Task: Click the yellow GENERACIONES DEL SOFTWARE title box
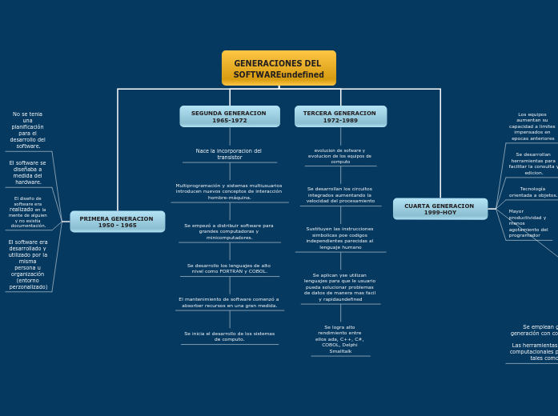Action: point(279,69)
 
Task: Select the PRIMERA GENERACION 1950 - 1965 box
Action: point(117,222)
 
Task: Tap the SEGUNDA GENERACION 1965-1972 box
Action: point(229,117)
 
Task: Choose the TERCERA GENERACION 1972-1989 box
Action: point(340,117)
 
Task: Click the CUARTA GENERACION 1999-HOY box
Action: point(440,209)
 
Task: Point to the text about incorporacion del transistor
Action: point(229,154)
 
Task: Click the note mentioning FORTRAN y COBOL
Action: point(229,268)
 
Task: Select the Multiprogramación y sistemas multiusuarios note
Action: point(229,191)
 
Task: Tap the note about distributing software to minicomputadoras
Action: point(229,231)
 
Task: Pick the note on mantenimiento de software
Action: point(229,302)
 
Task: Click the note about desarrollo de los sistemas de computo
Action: point(229,336)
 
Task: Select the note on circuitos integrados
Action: point(340,194)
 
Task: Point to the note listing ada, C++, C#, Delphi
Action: point(340,339)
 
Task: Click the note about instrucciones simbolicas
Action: point(340,238)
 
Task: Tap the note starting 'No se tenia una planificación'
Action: point(28,130)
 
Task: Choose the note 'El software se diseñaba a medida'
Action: point(28,172)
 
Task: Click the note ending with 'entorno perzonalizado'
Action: point(28,264)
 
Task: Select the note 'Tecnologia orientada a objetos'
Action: point(532,192)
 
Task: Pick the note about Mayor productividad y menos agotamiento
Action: point(528,223)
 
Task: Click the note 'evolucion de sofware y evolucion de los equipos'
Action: point(340,155)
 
